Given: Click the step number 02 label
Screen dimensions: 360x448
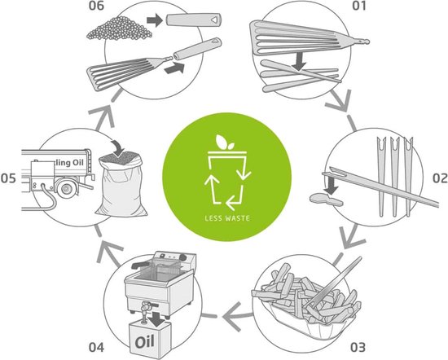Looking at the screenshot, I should click(437, 176).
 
